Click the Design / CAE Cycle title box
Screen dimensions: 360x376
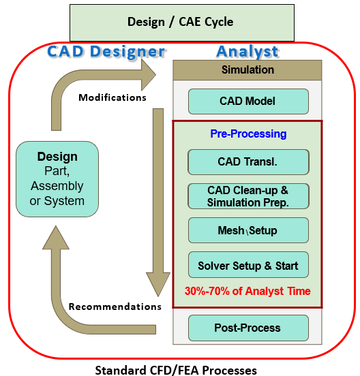[182, 22]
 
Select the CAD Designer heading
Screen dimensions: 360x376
[106, 51]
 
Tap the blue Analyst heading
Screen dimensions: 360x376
[247, 51]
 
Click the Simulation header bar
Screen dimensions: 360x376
[247, 70]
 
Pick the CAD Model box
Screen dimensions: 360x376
[248, 101]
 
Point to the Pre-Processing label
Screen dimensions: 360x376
[248, 134]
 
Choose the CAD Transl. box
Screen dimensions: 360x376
[248, 162]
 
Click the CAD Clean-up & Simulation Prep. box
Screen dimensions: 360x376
[248, 196]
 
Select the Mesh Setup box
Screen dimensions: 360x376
[248, 230]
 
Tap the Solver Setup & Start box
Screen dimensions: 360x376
[248, 265]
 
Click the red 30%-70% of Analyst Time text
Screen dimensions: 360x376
[247, 291]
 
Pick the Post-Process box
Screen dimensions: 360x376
[248, 328]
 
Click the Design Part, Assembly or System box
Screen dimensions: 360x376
[57, 179]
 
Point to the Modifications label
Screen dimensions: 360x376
[112, 97]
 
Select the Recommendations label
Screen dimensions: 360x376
[115, 307]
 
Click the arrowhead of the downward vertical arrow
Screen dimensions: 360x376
[158, 284]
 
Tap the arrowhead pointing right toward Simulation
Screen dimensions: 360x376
[149, 75]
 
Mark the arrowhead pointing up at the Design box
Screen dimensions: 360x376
[56, 238]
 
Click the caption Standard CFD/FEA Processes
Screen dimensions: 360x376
[176, 371]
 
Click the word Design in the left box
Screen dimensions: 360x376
[57, 157]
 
